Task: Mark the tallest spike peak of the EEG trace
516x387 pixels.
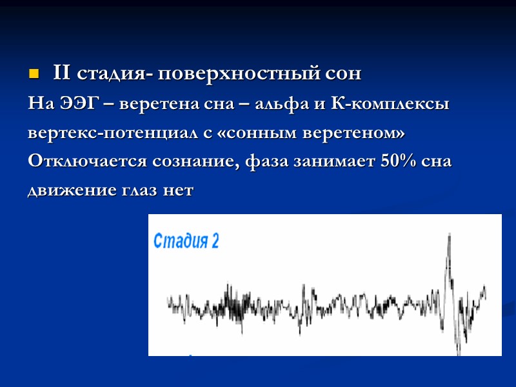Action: [449, 236]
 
